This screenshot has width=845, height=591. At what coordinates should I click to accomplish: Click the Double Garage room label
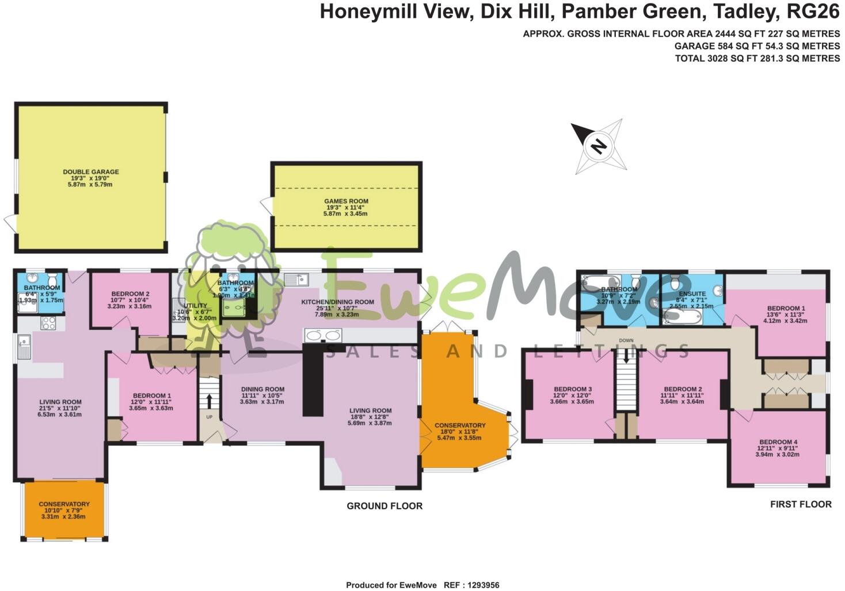pos(91,171)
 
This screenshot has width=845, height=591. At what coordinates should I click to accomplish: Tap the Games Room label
pos(345,201)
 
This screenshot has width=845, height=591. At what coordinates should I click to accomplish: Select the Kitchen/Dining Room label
pos(337,302)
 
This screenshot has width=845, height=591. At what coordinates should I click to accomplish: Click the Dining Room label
pos(262,389)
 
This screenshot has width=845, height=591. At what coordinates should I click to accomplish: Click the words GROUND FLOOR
pos(384,506)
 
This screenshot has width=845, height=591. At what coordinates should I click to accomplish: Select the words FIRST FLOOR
pos(801,504)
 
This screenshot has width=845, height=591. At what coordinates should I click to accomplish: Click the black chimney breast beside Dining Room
pos(313,380)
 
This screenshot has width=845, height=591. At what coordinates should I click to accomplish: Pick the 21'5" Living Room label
pos(60,402)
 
